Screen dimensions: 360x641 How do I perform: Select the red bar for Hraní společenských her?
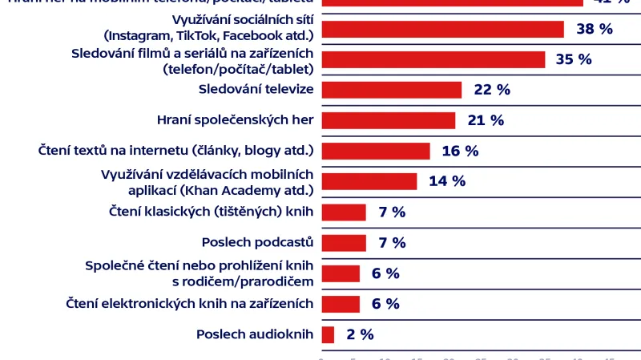pos(388,120)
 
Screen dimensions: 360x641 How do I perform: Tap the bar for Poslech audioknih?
pos(328,334)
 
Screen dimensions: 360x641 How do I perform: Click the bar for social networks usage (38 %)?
pos(442,29)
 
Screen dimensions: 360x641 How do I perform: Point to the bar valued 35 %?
pos(433,59)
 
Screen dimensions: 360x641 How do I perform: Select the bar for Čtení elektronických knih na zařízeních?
pos(340,304)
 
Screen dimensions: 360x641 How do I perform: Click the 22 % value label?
pos(492,90)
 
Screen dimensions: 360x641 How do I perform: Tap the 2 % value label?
pos(360,334)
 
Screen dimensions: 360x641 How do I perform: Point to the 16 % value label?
pos(460,151)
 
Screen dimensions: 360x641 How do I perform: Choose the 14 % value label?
pos(447,181)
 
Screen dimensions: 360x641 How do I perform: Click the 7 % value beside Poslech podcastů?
pos(393,243)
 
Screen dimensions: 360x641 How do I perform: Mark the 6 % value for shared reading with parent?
pos(385,273)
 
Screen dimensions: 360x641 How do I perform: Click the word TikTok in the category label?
pos(196,36)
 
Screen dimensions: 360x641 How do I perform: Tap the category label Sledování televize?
pos(255,89)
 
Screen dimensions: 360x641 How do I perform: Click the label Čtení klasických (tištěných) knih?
pos(211,212)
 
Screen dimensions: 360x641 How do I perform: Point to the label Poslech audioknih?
pos(254,334)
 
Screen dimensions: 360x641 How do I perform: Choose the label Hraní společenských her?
pos(235,120)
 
